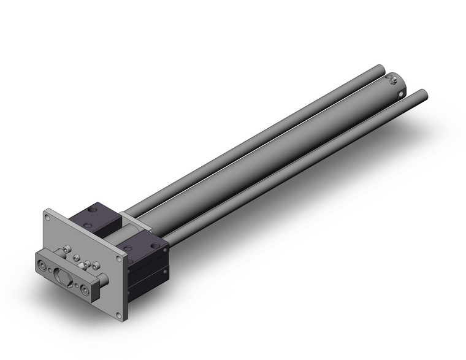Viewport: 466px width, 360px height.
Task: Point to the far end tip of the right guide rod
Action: [x=421, y=95]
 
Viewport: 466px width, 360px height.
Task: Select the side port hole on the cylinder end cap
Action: [x=402, y=93]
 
